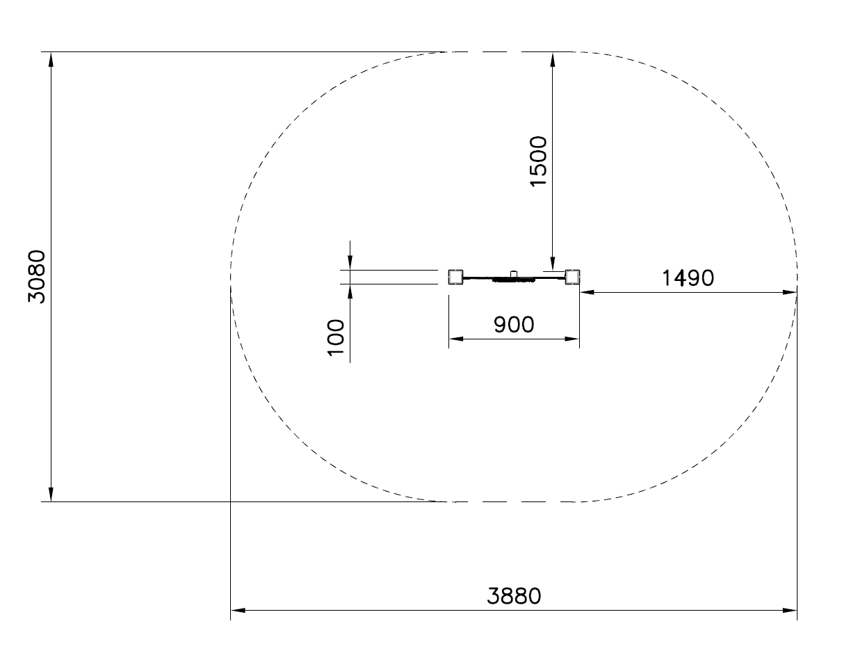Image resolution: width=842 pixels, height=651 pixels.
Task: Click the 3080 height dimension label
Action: [37, 276]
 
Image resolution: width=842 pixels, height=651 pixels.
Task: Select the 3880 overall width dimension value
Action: [514, 596]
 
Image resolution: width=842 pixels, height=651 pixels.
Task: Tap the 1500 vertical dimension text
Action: [538, 161]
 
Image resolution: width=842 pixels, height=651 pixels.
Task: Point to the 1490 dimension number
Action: [688, 278]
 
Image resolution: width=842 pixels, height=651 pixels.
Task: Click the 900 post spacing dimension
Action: [514, 325]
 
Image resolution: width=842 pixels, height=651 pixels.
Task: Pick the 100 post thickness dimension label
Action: [336, 337]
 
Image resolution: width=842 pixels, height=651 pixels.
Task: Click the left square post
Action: [455, 277]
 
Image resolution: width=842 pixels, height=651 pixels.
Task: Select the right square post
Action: [572, 277]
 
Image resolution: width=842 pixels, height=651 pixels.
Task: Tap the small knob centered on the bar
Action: [514, 274]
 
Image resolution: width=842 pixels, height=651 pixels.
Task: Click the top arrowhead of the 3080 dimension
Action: [51, 59]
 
